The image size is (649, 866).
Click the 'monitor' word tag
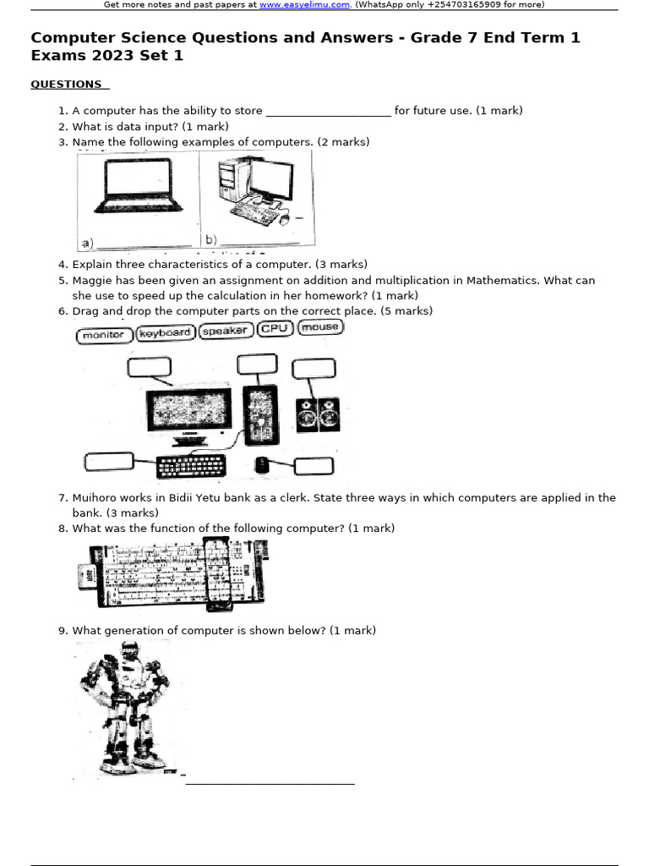104,335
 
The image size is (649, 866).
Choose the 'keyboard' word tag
164,333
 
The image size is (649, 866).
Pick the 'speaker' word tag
226,331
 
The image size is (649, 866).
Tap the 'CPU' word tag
275,329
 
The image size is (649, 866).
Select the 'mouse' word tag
320,327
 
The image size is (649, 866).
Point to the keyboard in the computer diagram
192,466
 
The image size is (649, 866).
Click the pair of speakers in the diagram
319,414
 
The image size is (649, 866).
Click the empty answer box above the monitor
150,367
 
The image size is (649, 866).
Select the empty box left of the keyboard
109,462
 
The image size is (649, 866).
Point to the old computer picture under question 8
173,575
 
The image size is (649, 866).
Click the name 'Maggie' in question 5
90,280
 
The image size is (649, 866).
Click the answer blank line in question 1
328,112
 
